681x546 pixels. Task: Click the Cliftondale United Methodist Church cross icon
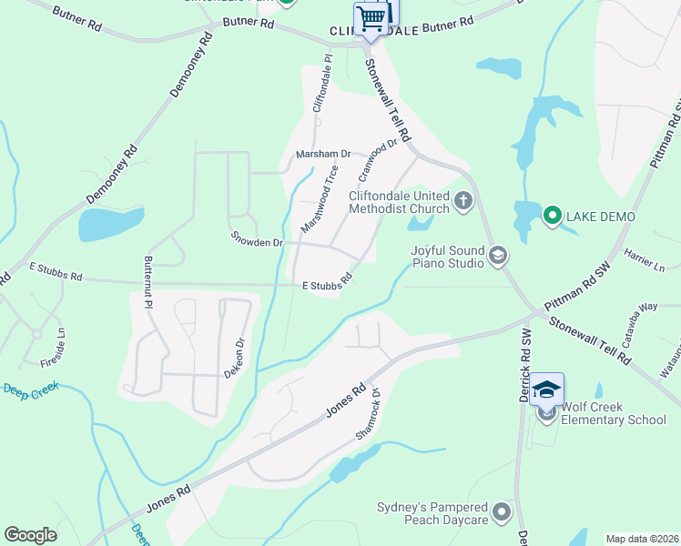tap(463, 200)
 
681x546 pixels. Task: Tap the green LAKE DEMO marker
tap(552, 216)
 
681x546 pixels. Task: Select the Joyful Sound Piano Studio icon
tap(497, 256)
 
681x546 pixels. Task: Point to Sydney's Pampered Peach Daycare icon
tap(501, 514)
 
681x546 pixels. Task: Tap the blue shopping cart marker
tap(371, 17)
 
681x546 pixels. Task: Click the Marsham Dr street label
tap(323, 155)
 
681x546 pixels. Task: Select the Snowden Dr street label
tap(257, 243)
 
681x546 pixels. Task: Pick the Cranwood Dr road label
tap(379, 157)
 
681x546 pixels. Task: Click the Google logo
tap(30, 535)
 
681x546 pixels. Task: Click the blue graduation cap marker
tap(547, 389)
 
